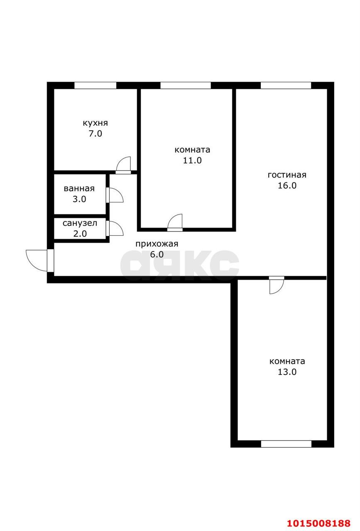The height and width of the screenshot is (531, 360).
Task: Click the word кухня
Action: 95,123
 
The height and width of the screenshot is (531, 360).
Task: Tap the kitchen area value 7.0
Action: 95,134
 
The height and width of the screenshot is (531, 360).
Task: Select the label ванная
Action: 79,188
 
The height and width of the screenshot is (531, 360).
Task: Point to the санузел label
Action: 80,223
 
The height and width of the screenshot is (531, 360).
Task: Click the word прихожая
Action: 157,244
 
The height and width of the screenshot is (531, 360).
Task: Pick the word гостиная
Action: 287,175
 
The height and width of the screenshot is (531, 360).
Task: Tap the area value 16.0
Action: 287,185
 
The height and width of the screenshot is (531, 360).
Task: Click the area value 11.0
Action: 192,161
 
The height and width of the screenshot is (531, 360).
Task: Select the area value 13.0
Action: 287,372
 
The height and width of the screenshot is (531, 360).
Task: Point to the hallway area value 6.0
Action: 157,254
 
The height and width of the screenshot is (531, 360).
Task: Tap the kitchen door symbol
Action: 123,165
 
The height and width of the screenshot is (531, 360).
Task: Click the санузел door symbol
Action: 115,229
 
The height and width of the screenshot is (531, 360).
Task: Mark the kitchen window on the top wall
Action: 95,85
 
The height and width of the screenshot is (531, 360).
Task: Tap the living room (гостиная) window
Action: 286,85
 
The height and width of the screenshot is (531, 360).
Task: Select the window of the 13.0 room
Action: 286,443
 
